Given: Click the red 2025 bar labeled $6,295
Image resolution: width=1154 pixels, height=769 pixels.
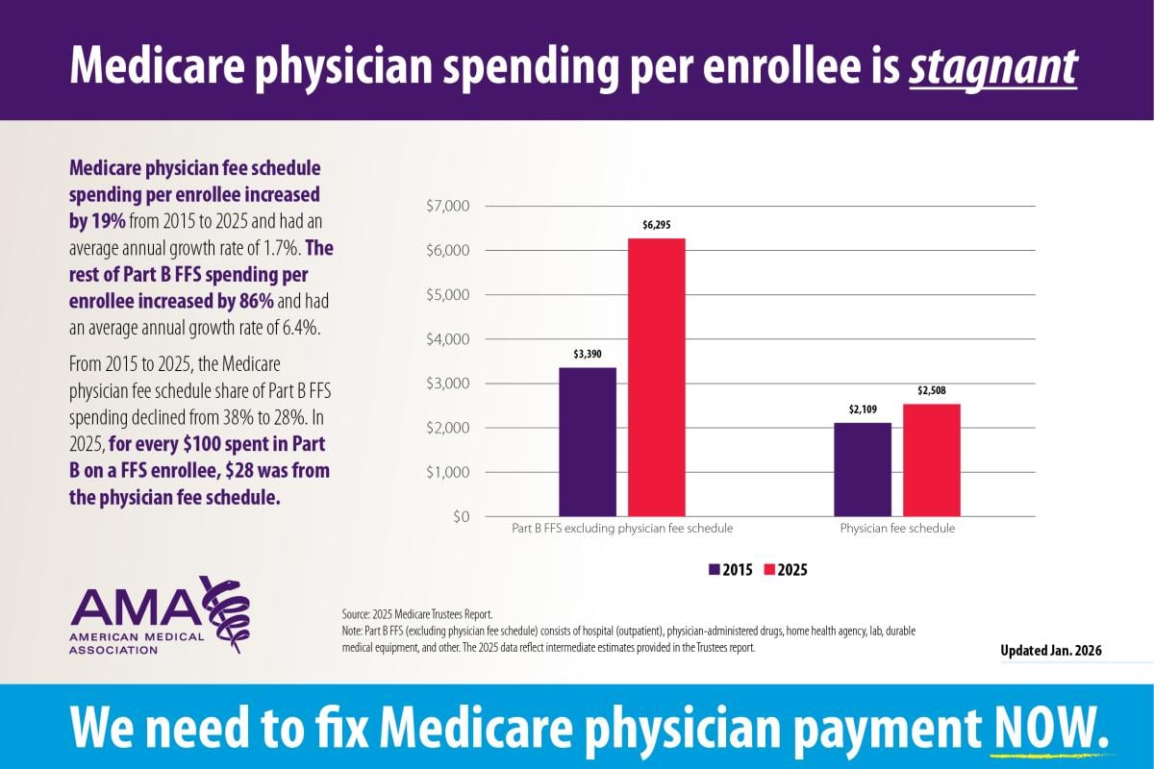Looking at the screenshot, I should [657, 378].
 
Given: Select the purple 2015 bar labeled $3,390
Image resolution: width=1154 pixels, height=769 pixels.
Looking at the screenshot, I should [587, 442].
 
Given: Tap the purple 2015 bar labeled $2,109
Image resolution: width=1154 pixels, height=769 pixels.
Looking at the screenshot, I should [862, 470].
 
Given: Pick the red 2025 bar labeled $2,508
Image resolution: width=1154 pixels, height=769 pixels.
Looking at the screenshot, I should [931, 460].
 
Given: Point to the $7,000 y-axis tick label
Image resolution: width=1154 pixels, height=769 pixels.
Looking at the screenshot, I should [446, 207].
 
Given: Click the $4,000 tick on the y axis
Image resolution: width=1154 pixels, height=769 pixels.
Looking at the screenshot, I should [446, 339].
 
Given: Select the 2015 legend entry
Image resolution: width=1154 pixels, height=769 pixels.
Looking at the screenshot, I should [730, 569].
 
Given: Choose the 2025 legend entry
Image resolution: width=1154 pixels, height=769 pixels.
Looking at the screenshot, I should [786, 569].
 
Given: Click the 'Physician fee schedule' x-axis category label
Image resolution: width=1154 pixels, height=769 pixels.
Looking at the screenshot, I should [897, 529].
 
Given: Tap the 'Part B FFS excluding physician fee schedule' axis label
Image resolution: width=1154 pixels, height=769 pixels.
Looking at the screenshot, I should [621, 529].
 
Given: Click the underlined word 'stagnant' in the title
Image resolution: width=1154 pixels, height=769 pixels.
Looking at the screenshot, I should [993, 65].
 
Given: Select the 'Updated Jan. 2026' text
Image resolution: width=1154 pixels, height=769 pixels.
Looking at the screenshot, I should [1051, 651].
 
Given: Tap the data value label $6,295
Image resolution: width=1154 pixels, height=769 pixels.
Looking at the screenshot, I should [657, 224].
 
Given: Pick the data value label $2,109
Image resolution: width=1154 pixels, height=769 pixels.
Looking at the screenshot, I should [863, 409].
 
